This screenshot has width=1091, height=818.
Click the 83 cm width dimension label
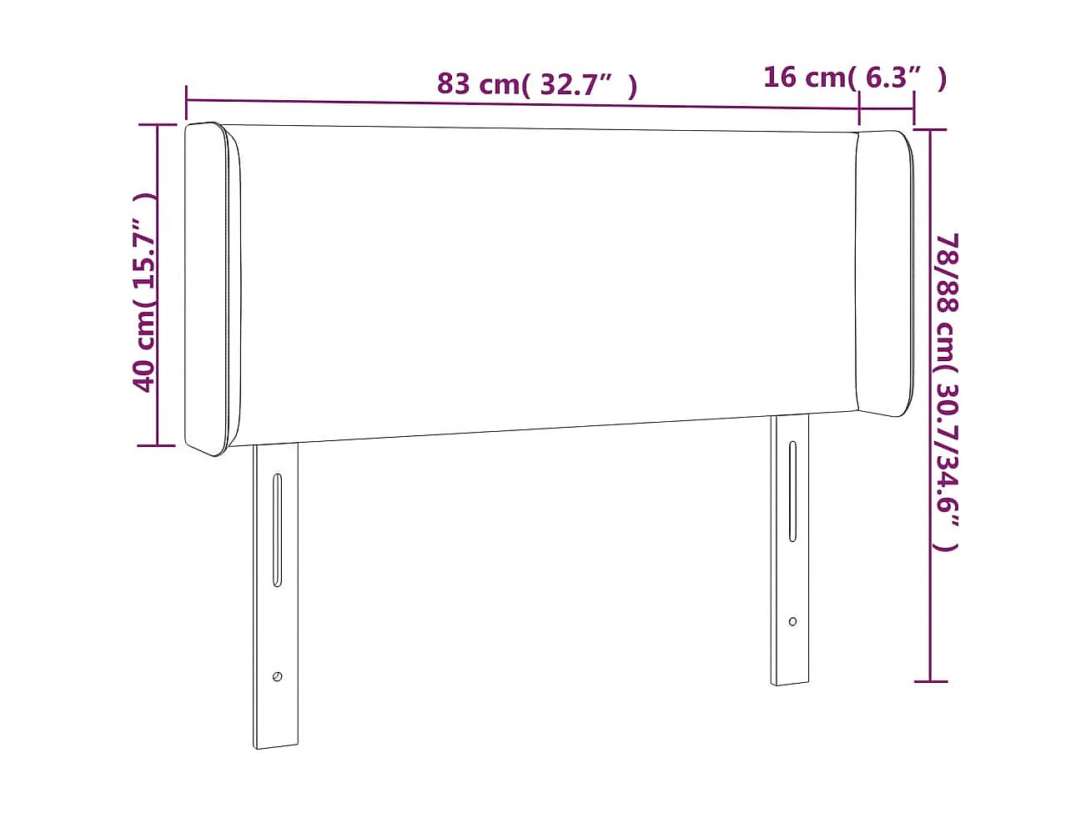click(536, 84)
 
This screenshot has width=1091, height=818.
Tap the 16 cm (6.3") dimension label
click(854, 78)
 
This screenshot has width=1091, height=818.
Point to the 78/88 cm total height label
click(947, 392)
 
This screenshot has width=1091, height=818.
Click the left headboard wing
click(212, 288)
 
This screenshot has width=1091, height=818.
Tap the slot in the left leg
click(277, 530)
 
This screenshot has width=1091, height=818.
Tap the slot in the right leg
click(792, 491)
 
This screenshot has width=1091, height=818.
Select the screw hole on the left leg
click(277, 676)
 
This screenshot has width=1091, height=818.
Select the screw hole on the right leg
click(792, 621)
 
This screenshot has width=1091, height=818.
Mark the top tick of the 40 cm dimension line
click(156, 125)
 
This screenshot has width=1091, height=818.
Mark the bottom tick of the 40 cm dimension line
click(156, 445)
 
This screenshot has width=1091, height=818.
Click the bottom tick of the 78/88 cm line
click(930, 681)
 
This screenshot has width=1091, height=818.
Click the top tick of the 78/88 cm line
click(930, 130)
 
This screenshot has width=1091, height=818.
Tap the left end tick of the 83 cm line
click(186, 99)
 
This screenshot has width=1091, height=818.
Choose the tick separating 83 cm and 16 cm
click(859, 108)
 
